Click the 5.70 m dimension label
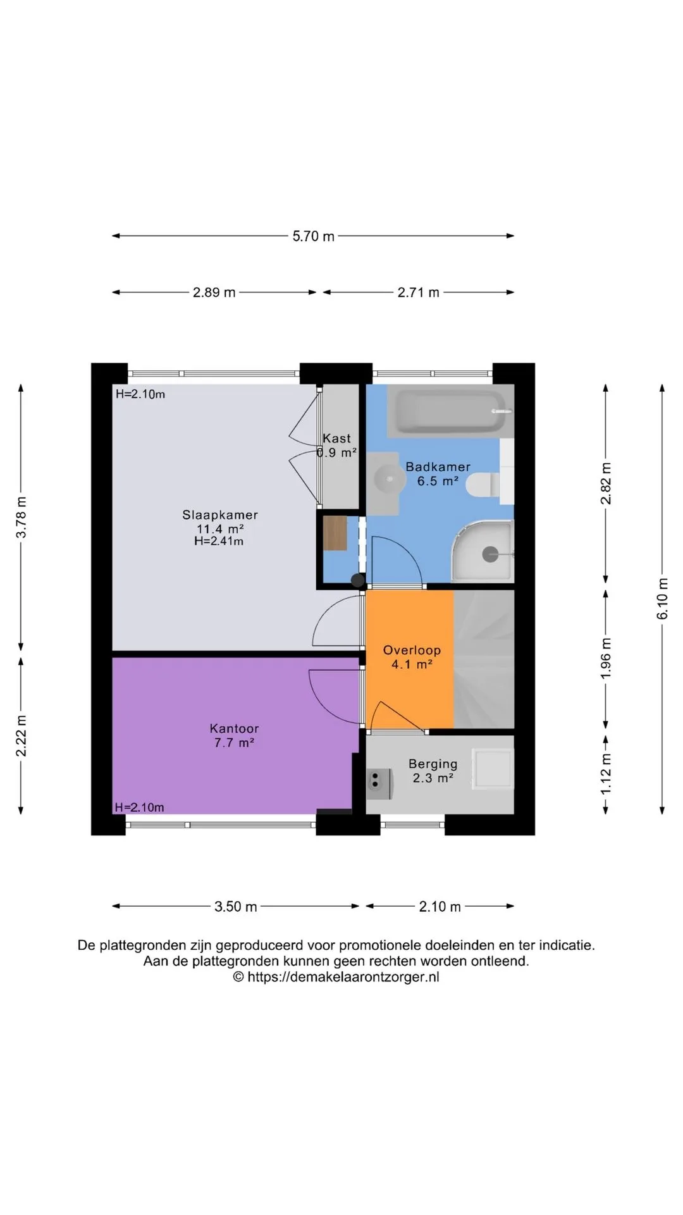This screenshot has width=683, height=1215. click(313, 237)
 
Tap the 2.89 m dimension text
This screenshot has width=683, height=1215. click(214, 292)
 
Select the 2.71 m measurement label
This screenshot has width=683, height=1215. click(418, 292)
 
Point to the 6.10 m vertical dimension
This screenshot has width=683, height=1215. click(662, 599)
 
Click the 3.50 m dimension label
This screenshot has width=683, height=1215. click(236, 907)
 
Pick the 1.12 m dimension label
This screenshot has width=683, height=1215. click(606, 774)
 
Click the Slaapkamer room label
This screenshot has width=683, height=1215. click(220, 515)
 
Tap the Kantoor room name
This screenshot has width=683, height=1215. click(234, 729)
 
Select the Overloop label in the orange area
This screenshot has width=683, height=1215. click(412, 651)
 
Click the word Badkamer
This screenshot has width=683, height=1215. click(438, 467)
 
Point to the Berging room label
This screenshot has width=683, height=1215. click(433, 764)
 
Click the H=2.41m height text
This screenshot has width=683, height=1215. click(219, 542)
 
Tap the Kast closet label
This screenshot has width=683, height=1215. click(336, 439)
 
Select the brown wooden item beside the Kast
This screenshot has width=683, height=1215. click(335, 533)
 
